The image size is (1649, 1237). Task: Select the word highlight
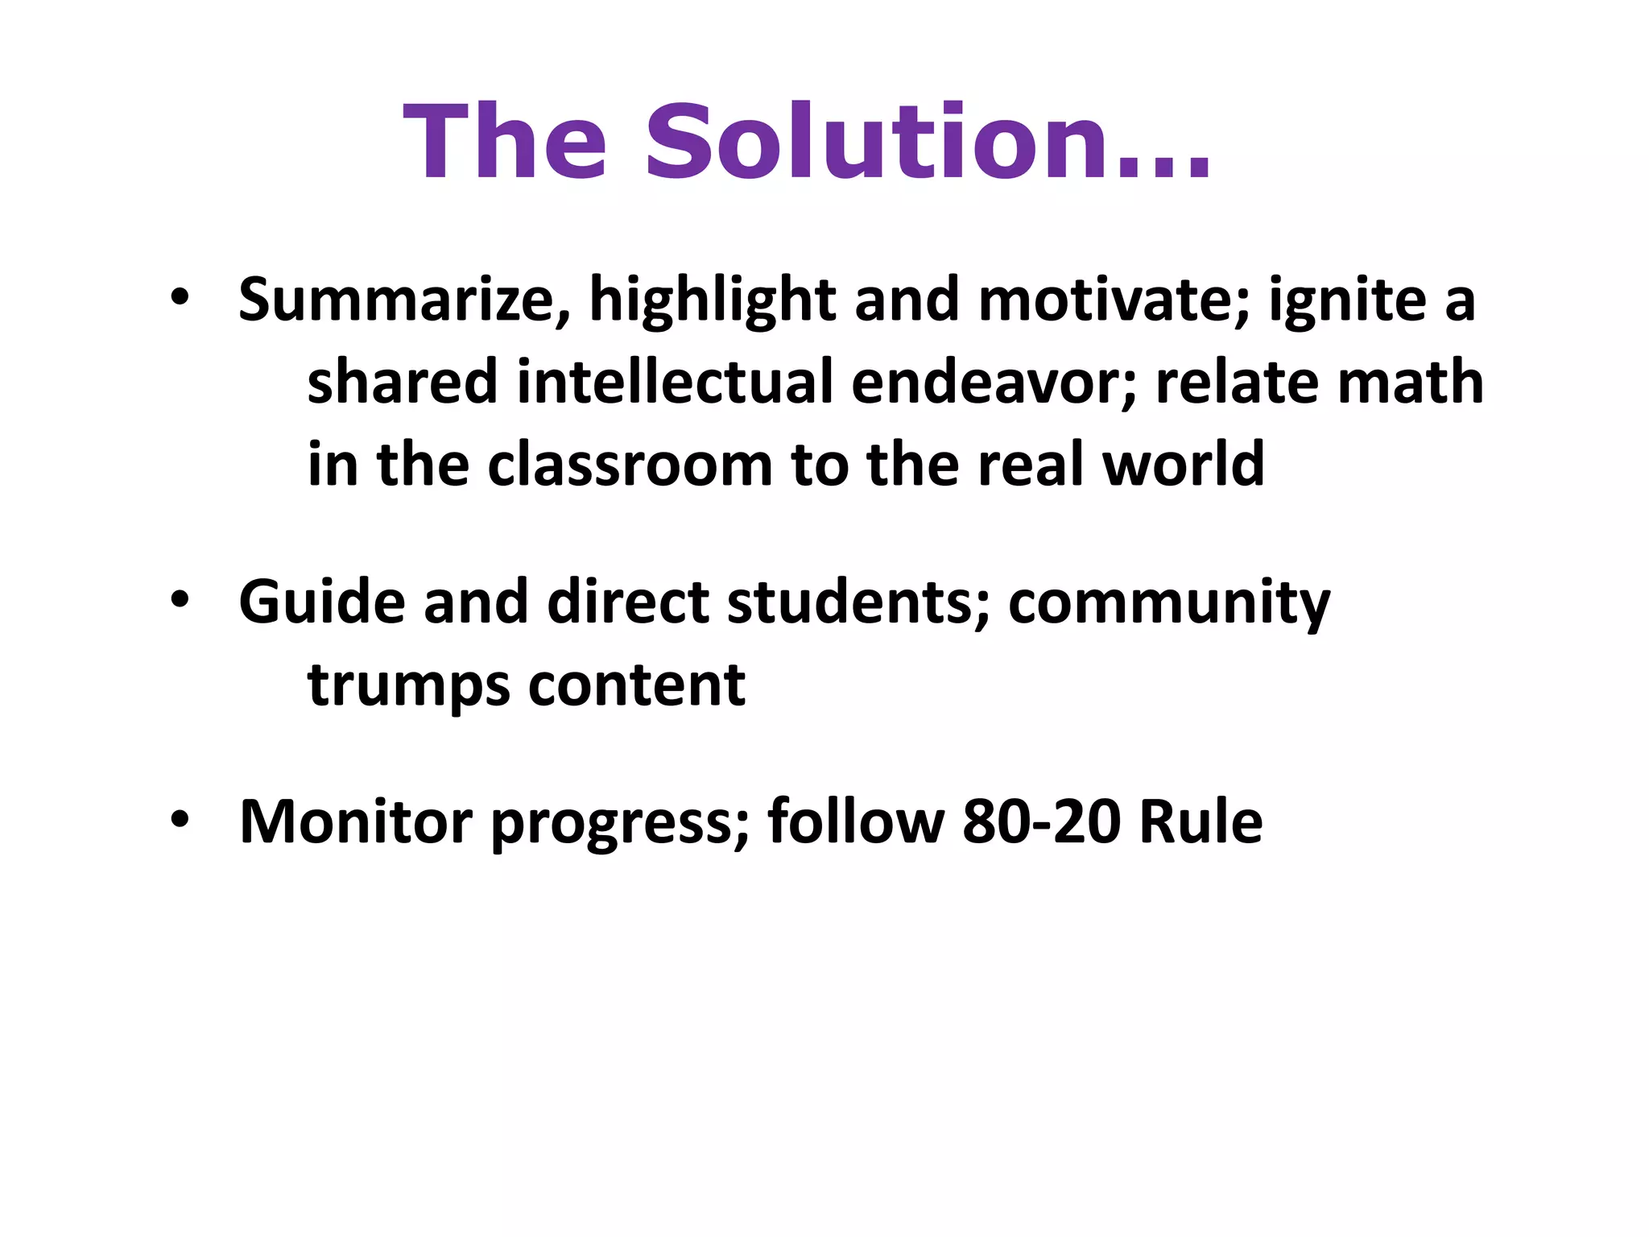tap(713, 300)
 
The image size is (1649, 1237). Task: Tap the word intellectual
tap(675, 383)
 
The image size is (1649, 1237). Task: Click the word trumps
tap(409, 686)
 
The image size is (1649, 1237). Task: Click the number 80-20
tap(1041, 822)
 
